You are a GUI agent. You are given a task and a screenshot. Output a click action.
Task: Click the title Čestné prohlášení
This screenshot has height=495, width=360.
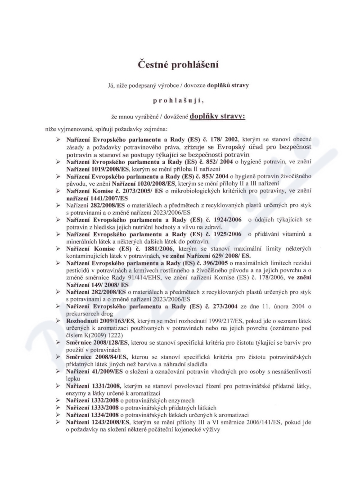[x=180, y=64]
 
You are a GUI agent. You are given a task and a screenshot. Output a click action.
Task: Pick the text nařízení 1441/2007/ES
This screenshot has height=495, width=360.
[x=97, y=198]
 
